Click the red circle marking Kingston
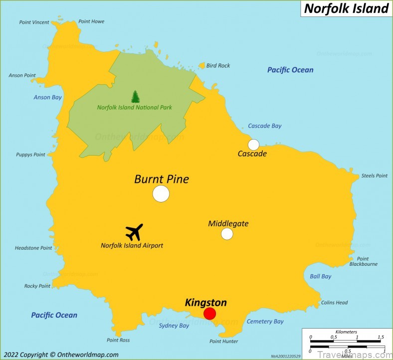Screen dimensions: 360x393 click(209, 314)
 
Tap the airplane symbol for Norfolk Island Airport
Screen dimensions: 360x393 click(134, 232)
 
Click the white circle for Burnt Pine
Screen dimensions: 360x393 click(161, 193)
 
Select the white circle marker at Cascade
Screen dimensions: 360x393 click(253, 145)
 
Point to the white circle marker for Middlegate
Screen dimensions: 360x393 click(227, 233)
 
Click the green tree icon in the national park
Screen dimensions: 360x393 click(135, 96)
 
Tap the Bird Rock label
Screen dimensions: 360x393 click(218, 65)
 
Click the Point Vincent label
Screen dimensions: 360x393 click(34, 22)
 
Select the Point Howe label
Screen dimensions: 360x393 click(91, 21)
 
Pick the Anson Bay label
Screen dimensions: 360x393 click(48, 97)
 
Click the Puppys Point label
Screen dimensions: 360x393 click(31, 155)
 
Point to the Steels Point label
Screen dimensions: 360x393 click(374, 176)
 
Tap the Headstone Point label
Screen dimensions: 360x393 click(33, 248)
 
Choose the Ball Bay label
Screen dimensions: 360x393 click(320, 276)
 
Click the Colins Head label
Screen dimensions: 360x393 click(334, 303)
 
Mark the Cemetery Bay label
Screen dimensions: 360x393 click(265, 322)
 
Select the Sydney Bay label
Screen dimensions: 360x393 click(174, 326)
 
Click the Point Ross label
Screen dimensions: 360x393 click(118, 340)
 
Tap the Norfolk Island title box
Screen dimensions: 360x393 click(346, 8)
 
